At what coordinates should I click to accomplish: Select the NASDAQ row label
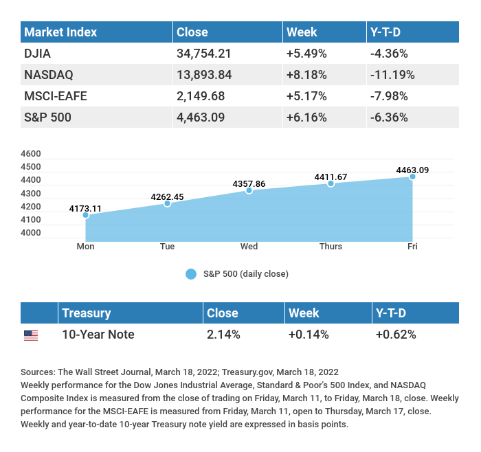(x=49, y=74)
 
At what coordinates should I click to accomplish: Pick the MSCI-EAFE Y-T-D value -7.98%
(x=388, y=95)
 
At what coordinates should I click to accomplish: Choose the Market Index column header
(x=60, y=32)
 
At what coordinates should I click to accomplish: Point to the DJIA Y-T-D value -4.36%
(x=388, y=53)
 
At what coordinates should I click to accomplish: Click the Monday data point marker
(x=86, y=215)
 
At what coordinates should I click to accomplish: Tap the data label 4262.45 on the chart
(x=167, y=197)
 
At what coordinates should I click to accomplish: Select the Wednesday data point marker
(x=249, y=190)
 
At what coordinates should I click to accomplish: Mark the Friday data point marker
(x=412, y=177)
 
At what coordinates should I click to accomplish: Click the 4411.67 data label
(x=331, y=177)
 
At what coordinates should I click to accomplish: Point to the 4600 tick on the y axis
(x=31, y=154)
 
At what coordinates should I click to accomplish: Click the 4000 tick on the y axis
(x=31, y=233)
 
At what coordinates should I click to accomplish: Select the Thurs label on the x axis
(x=331, y=247)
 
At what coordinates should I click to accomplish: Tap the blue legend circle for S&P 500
(x=191, y=274)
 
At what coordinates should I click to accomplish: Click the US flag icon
(x=31, y=335)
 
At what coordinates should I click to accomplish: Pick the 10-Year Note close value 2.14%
(x=223, y=335)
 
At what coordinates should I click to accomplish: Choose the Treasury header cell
(x=86, y=313)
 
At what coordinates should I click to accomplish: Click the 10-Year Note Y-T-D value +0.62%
(x=395, y=335)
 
